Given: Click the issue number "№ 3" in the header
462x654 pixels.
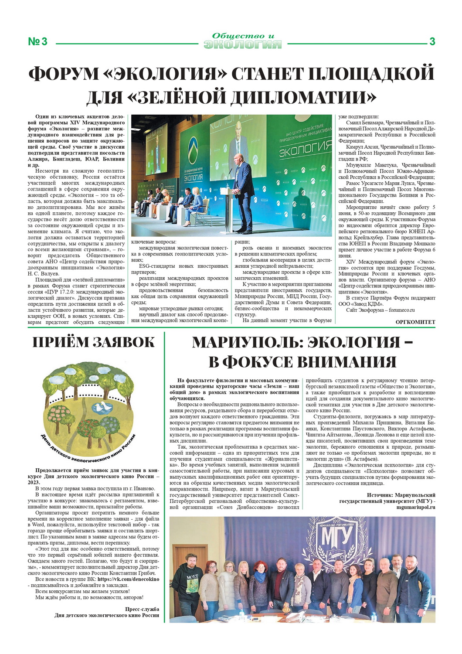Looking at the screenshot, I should coord(37,42).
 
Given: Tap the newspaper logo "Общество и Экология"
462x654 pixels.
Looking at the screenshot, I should coord(242,41).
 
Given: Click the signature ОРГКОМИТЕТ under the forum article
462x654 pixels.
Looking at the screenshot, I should coord(415,322).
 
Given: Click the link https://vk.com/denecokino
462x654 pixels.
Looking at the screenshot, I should coord(128,579).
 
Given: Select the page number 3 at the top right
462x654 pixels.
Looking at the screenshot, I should coord(432,42).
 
